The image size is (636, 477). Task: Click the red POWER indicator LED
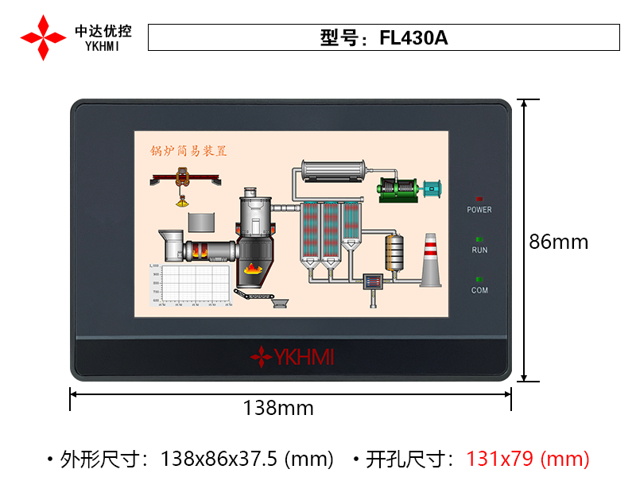click(479, 198)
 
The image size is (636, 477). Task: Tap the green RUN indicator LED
click(479, 238)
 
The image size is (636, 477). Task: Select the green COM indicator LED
click(479, 279)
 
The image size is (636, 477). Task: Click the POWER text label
click(479, 210)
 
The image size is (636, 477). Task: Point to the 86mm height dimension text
click(559, 242)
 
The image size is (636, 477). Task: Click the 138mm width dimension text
click(278, 409)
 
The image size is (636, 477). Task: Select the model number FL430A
click(413, 38)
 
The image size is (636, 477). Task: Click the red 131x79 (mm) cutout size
click(528, 459)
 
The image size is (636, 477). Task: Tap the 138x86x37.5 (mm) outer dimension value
click(246, 459)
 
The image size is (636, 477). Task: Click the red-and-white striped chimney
click(430, 260)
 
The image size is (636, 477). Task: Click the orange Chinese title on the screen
click(189, 150)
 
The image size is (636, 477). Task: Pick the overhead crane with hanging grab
click(183, 180)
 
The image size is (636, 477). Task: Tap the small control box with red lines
click(373, 282)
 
